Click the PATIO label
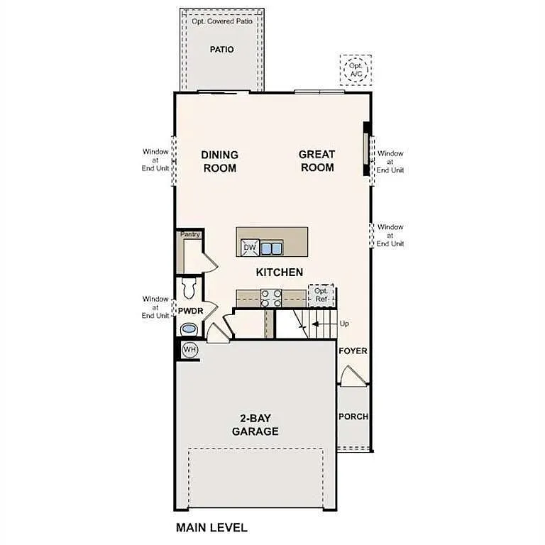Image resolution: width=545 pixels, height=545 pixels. tap(221, 50)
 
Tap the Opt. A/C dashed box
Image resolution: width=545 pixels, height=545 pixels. tap(354, 69)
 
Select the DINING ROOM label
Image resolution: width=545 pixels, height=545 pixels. tap(219, 161)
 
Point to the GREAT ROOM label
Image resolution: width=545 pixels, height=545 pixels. tap(316, 161)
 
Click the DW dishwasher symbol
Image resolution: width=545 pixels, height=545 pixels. tap(248, 247)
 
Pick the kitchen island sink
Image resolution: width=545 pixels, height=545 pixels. tap(271, 248)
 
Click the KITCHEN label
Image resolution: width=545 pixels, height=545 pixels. tap(280, 272)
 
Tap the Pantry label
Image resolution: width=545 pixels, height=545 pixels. tap(190, 234)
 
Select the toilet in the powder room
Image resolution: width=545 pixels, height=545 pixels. tap(189, 288)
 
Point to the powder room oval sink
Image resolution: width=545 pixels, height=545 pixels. tap(189, 329)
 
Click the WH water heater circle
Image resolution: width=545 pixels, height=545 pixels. tap(189, 349)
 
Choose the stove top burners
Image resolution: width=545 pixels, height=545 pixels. tap(271, 297)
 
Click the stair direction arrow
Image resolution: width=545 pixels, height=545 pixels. tap(319, 324)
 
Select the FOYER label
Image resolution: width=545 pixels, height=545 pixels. tap(353, 351)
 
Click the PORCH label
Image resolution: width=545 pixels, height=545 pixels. tap(353, 417)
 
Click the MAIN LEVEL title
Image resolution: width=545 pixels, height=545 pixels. tap(211, 528)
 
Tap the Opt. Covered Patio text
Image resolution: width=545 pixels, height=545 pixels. tap(221, 21)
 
